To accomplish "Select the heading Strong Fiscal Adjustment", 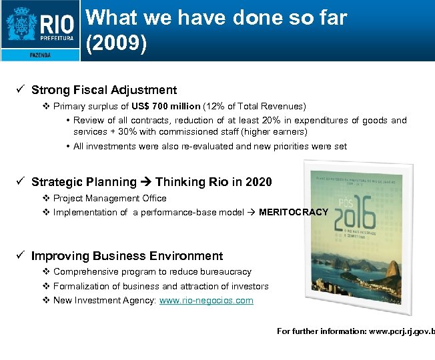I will [x=104, y=90].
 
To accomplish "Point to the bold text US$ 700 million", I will [x=165, y=107].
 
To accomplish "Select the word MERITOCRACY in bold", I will [x=294, y=212].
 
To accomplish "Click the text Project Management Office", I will [x=110, y=198].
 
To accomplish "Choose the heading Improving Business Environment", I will [x=127, y=256].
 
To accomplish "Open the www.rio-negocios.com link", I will [x=206, y=301].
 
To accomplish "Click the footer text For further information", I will [x=318, y=331].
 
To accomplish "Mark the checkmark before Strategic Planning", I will [x=22, y=181].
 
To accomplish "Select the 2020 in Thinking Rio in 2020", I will [x=259, y=181].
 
